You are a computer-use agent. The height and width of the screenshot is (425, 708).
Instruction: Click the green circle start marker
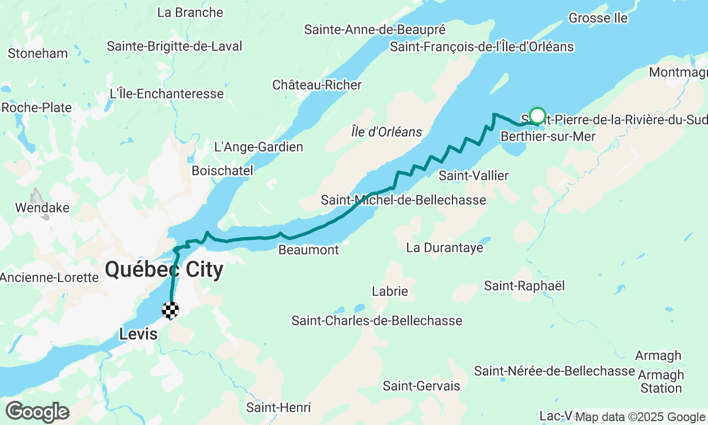click(x=538, y=116)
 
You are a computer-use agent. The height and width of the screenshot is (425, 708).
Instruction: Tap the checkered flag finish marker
click(x=170, y=310)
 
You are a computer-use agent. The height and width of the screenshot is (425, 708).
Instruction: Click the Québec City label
click(x=164, y=270)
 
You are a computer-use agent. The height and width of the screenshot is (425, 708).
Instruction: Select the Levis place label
click(x=138, y=334)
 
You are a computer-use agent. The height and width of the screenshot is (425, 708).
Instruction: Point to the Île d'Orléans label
click(x=387, y=132)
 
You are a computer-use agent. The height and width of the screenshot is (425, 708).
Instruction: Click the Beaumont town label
click(x=309, y=250)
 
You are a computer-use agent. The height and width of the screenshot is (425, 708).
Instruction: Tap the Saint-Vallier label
click(x=473, y=175)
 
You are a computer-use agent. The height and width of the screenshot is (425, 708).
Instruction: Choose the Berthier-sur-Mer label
click(x=548, y=136)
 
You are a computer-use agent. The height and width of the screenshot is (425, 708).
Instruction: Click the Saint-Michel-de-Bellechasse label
click(x=404, y=200)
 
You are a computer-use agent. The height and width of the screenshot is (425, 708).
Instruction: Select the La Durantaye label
click(x=445, y=247)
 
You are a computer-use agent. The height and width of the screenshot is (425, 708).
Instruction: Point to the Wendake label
click(x=43, y=208)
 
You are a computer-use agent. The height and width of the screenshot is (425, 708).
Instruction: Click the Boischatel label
click(x=222, y=170)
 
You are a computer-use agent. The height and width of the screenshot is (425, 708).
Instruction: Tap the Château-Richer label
click(x=317, y=85)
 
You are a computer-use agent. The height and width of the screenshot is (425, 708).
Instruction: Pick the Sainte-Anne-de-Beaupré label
click(x=375, y=29)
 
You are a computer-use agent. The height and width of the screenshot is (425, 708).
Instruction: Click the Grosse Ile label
click(x=598, y=18)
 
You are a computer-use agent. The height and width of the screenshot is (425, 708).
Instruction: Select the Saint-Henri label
click(x=279, y=408)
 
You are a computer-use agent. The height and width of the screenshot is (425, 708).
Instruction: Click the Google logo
click(x=37, y=412)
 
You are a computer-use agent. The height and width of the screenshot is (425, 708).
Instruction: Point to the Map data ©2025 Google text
click(x=640, y=417)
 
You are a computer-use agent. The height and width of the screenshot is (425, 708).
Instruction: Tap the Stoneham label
click(x=38, y=53)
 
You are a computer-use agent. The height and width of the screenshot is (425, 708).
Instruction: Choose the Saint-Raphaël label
click(x=524, y=286)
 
